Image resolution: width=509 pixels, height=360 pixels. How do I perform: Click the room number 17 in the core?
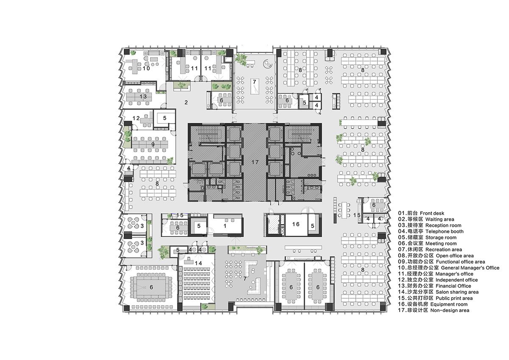point(255,162)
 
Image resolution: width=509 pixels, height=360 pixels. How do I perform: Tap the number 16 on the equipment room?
point(296,224)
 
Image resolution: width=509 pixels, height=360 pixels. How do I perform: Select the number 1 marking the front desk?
point(225,226)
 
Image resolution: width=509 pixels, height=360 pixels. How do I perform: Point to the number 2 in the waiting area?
point(186,102)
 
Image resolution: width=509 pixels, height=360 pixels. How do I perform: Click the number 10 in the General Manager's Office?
point(146,68)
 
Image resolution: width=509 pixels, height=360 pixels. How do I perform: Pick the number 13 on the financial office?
point(144,97)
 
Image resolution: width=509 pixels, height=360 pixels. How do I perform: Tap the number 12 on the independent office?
point(136,118)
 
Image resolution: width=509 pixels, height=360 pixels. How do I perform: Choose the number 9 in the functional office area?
point(153,144)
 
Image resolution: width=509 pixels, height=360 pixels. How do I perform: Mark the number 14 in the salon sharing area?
point(198,263)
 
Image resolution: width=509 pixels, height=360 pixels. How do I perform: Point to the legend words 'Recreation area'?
point(444,250)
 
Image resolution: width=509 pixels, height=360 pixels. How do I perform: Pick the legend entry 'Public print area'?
point(448,298)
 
